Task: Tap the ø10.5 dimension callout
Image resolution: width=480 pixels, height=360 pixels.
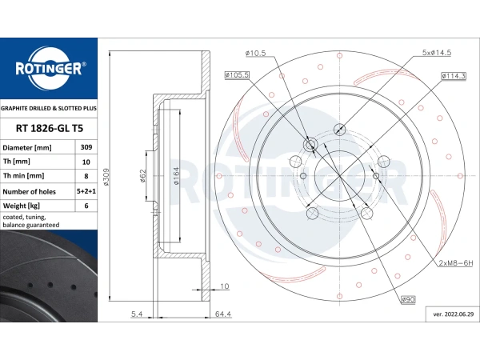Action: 255,54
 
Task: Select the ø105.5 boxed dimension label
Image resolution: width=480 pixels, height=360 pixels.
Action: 238,74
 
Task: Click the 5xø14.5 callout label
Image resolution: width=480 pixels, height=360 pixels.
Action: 437,53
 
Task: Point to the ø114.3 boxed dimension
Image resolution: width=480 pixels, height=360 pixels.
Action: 452,74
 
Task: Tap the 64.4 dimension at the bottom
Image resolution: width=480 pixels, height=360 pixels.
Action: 223,314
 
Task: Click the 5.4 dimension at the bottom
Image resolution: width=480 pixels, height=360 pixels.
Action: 137,314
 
